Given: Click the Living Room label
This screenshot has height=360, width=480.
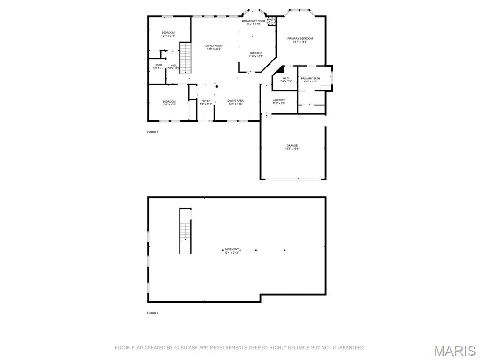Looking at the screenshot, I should (x=214, y=47).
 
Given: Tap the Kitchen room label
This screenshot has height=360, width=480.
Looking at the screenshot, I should (x=255, y=55).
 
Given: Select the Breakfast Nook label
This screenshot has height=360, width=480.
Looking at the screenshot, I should (x=254, y=22).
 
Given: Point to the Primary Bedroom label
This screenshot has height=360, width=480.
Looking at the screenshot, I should (x=300, y=40).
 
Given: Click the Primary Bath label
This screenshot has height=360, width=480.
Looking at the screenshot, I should (x=310, y=80).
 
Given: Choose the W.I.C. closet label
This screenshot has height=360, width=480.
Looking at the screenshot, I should (x=286, y=80).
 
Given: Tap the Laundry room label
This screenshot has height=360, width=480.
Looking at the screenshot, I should (x=279, y=101).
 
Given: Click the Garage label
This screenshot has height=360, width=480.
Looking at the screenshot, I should (x=292, y=147).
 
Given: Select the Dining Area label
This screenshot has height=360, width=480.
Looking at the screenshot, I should (x=235, y=102).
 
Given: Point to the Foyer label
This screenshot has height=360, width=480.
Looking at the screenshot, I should (x=206, y=102).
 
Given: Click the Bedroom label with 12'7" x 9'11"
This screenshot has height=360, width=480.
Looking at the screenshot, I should (x=168, y=34).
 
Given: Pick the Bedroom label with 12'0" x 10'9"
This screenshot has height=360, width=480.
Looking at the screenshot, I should (x=169, y=103).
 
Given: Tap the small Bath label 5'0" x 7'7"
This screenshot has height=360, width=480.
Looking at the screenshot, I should (x=159, y=66).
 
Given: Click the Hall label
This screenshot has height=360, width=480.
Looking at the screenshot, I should (x=173, y=67).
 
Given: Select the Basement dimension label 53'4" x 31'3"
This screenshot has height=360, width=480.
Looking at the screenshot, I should (x=232, y=251).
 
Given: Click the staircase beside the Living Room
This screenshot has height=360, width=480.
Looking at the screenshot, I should (x=186, y=58).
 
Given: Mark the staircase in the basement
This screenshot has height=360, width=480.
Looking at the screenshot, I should (x=186, y=231).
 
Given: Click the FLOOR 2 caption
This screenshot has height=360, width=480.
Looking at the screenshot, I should (x=153, y=132).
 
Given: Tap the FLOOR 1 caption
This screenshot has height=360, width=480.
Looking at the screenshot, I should (x=153, y=313).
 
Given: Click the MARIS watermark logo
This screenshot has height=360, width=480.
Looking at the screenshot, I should (x=454, y=351).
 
